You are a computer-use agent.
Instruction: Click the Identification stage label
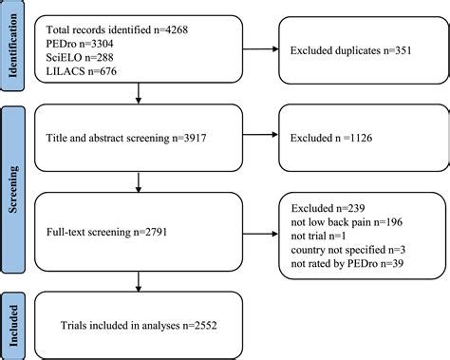[x=13, y=43]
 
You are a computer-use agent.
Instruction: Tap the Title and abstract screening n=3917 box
[x=141, y=138]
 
